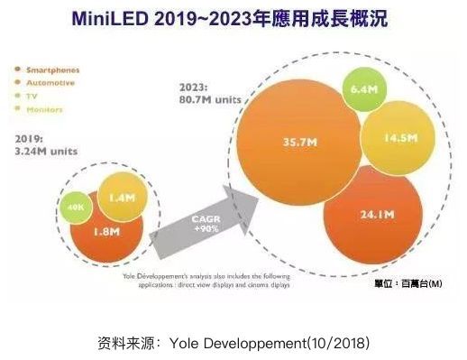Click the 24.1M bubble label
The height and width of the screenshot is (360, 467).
tap(371, 215)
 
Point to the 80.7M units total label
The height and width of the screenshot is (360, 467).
tap(212, 95)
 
